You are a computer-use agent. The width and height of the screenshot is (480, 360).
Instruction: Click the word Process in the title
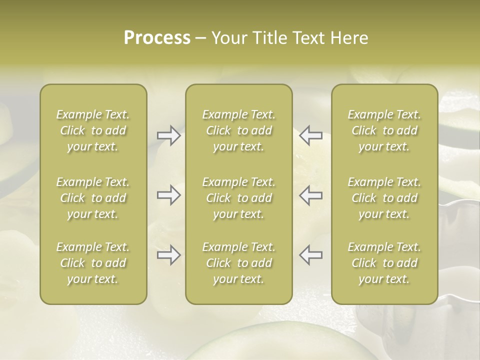[x=157, y=38]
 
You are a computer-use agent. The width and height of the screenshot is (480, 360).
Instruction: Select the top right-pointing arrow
[x=168, y=135]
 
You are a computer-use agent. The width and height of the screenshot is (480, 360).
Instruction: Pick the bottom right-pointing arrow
[x=168, y=255]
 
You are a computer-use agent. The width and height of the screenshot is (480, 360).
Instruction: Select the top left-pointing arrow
[x=310, y=135]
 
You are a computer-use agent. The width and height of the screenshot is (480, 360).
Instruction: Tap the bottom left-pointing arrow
[x=310, y=255]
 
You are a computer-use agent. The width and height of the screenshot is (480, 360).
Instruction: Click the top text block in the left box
[x=93, y=130]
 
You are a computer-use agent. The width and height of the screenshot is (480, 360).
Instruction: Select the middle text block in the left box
[x=93, y=198]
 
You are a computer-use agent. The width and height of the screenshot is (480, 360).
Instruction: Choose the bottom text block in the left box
[x=93, y=263]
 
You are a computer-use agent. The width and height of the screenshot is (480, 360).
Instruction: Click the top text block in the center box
[x=238, y=130]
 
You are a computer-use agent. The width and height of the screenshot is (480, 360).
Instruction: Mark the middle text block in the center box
[x=238, y=198]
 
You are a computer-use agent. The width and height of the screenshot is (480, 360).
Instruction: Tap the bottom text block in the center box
[x=238, y=263]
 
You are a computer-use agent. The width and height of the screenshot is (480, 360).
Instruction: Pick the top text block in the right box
[x=384, y=130]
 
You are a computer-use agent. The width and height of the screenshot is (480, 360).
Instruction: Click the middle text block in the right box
[x=384, y=198]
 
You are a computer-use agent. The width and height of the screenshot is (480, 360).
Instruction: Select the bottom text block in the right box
[x=384, y=263]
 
